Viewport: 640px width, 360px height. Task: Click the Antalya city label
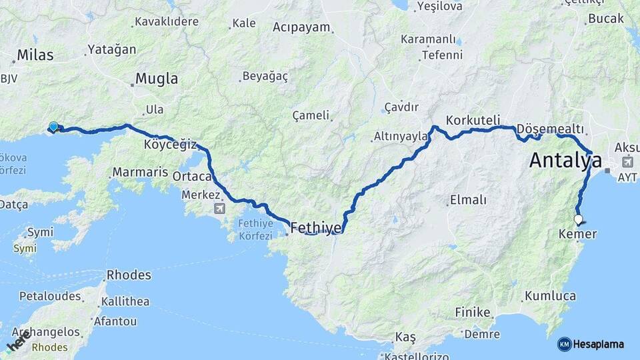565,161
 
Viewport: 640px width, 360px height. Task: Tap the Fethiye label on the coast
316,228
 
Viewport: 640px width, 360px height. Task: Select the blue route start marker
53,126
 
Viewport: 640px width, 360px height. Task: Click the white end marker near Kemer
578,219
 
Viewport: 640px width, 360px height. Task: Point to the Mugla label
157,79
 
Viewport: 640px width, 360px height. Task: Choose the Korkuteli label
473,121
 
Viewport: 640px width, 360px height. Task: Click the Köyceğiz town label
170,145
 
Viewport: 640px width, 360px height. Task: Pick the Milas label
35,55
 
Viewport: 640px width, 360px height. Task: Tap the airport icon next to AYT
627,162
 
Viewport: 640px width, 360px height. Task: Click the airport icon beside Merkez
219,209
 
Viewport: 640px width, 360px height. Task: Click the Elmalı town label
469,200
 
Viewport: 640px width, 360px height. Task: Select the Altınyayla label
401,137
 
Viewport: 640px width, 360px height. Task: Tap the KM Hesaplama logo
591,344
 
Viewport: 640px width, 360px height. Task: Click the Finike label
473,312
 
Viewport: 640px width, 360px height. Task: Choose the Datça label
14,204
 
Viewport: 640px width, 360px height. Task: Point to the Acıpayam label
302,27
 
